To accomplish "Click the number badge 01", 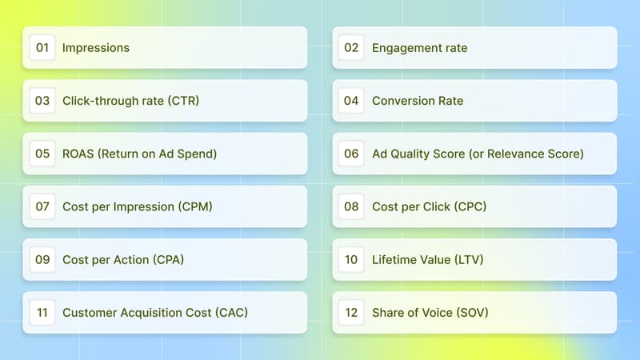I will click(x=42, y=48).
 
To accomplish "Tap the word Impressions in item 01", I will click(x=96, y=48).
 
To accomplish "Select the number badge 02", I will click(x=352, y=48).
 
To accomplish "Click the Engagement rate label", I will click(x=420, y=48).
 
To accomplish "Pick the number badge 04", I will click(x=352, y=101).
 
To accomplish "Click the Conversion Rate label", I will click(x=418, y=101).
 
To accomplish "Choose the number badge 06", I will click(x=352, y=154).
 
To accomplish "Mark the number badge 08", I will click(x=352, y=206).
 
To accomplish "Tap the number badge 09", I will click(x=42, y=259).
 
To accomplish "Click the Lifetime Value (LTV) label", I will click(x=428, y=259).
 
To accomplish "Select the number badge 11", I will click(x=42, y=312).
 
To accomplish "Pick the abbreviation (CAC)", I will click(x=231, y=312).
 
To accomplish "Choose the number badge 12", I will click(x=352, y=312).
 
